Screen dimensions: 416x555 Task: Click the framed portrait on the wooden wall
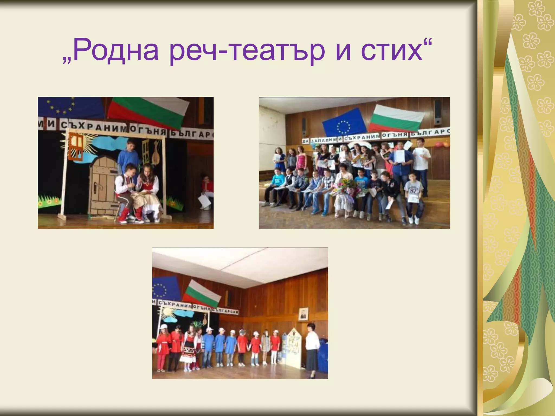pos(303,314)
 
